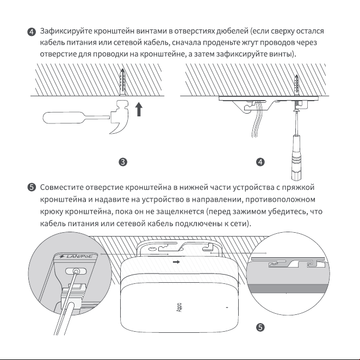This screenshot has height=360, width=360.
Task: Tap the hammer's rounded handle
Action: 64,117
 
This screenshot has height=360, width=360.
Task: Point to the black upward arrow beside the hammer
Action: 139,109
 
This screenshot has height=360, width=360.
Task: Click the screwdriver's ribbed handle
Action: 296,158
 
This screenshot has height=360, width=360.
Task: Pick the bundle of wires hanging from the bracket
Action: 256,120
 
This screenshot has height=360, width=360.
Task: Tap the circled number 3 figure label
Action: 123,162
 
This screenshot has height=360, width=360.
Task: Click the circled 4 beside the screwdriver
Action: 260,162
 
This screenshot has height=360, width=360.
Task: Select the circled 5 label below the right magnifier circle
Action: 260,327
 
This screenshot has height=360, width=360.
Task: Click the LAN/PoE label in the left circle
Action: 76,256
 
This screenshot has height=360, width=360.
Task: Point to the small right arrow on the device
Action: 176,262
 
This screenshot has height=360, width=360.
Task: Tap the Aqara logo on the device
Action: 179,307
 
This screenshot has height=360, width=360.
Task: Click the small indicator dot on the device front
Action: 227,307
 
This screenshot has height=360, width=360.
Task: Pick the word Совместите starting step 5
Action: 61,188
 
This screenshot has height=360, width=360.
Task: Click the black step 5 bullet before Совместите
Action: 32,188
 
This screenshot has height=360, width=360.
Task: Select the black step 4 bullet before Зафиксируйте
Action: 32,32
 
